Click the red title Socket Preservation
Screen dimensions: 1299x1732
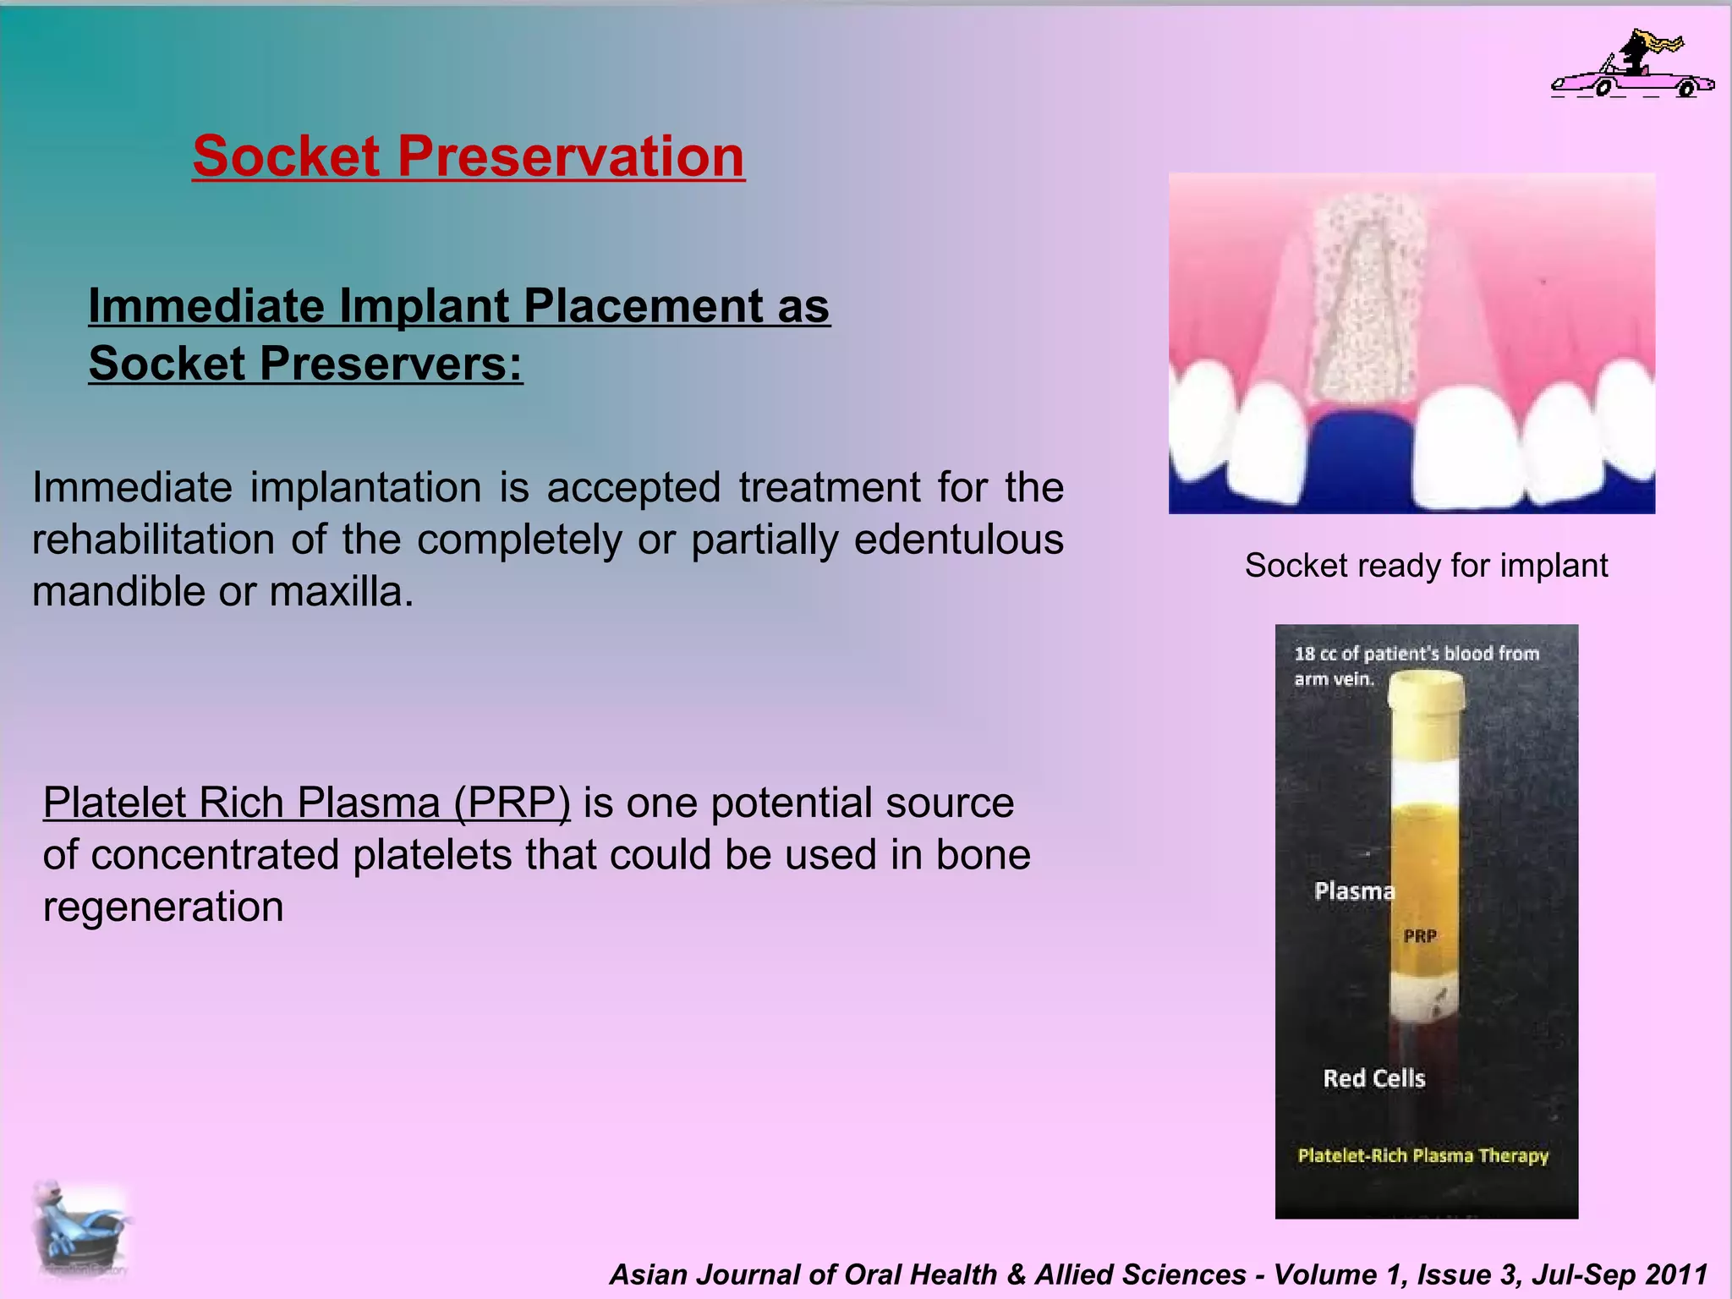click(469, 157)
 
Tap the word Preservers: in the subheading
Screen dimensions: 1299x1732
click(391, 364)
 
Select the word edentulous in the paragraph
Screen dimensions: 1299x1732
click(958, 540)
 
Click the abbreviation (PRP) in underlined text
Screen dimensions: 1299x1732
click(512, 803)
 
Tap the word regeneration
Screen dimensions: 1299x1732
click(163, 907)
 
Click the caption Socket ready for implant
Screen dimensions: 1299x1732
click(1426, 566)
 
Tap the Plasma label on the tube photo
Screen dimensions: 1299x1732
click(1353, 891)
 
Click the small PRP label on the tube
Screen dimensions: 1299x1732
click(1420, 936)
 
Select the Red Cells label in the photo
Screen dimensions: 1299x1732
click(1373, 1078)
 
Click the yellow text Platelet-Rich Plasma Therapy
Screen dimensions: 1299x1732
click(1422, 1156)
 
